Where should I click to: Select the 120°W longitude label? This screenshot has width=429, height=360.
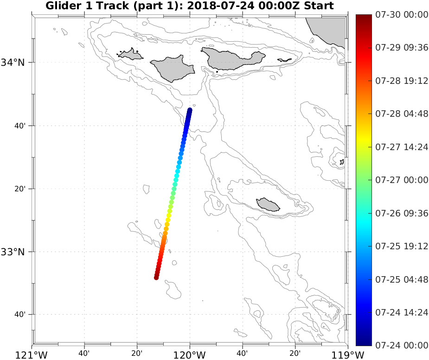(x=190, y=355)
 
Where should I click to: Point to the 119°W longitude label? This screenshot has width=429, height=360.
(x=348, y=355)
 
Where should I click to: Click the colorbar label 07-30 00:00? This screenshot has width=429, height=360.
(x=402, y=15)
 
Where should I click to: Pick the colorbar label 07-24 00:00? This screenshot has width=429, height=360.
(x=402, y=345)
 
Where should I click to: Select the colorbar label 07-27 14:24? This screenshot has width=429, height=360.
(x=402, y=147)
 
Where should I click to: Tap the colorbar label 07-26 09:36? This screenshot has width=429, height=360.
(x=402, y=213)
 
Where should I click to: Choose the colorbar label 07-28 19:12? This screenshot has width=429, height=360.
(x=402, y=81)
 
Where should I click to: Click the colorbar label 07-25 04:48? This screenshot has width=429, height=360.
(x=402, y=279)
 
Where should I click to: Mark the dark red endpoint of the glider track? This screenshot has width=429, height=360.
(x=156, y=277)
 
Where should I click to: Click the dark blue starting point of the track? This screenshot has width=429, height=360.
(x=190, y=110)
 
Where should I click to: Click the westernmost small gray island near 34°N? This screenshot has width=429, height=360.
(x=131, y=55)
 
